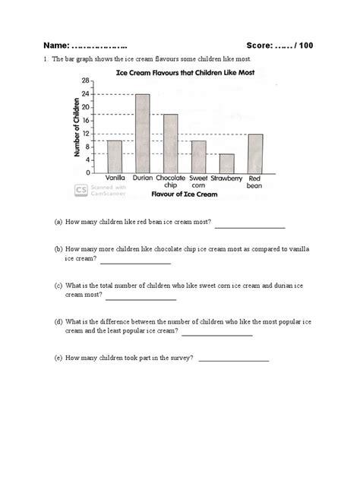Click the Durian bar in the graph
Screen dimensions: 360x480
point(142,134)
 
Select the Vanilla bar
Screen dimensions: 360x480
point(115,156)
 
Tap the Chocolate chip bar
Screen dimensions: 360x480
point(171,144)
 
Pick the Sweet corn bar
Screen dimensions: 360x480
point(198,156)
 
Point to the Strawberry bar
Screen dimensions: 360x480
point(226,163)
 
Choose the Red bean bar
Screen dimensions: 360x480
point(255,153)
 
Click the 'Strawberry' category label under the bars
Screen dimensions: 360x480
point(226,179)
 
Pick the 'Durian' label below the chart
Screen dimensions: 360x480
point(142,179)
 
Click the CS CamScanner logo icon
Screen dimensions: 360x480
point(80,190)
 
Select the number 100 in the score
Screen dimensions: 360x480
point(304,46)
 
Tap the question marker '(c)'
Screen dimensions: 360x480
point(58,286)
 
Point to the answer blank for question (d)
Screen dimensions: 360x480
point(217,334)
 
